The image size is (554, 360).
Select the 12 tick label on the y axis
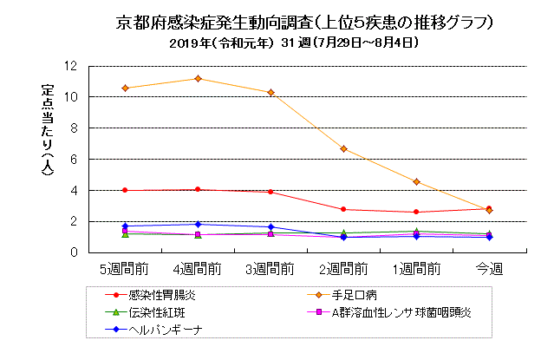(70, 66)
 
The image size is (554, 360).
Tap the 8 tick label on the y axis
(74, 128)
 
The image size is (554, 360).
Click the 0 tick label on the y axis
(74, 252)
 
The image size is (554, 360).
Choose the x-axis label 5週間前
(125, 267)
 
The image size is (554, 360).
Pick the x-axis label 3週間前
(270, 267)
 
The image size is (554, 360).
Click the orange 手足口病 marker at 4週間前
(199, 79)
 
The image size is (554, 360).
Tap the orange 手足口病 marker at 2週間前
(344, 149)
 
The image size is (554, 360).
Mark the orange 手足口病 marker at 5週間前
(126, 88)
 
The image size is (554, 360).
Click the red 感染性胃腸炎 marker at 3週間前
(271, 192)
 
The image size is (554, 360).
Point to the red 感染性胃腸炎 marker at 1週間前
(417, 212)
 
